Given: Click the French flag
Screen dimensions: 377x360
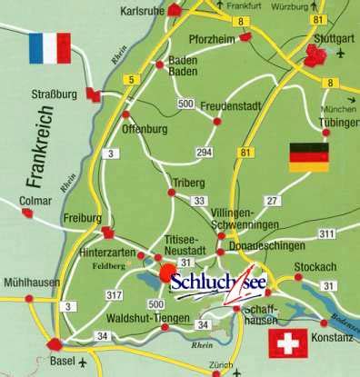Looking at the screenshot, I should (49, 48).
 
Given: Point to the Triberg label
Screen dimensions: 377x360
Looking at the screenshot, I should (186, 183).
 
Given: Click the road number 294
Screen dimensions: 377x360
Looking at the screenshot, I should (205, 152).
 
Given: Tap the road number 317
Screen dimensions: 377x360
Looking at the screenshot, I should (114, 295).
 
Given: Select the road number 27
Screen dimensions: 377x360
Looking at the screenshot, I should (271, 199).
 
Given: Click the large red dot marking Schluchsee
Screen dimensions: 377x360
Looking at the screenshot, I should (165, 273).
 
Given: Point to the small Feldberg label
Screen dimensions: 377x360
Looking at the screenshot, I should (109, 266).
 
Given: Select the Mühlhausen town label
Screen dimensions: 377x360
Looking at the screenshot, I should (30, 283).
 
